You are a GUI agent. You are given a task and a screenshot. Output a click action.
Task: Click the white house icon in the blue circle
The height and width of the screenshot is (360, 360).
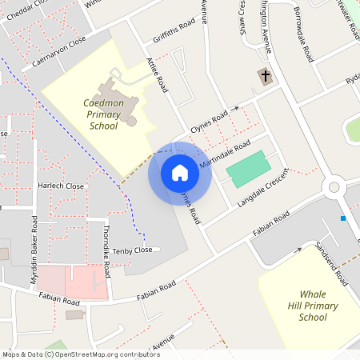[x=180, y=173]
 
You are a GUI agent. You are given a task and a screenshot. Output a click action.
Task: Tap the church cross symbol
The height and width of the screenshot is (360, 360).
[x=264, y=76]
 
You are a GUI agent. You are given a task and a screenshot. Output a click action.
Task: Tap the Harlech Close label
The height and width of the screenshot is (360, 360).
[x=61, y=186]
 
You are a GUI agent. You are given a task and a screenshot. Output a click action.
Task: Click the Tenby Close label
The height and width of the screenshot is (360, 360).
[x=132, y=250]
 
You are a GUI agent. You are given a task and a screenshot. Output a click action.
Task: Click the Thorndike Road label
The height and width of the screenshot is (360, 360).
[x=107, y=250]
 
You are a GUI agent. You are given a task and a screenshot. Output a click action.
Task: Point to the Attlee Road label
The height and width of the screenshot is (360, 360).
[x=157, y=74]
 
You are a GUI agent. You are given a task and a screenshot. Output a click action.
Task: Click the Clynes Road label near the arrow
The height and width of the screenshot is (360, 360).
[x=209, y=123]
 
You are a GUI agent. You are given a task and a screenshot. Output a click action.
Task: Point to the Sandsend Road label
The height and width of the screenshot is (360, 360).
[x=330, y=264]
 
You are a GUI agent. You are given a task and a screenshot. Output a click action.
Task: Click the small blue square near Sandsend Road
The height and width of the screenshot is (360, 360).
[x=343, y=218]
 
